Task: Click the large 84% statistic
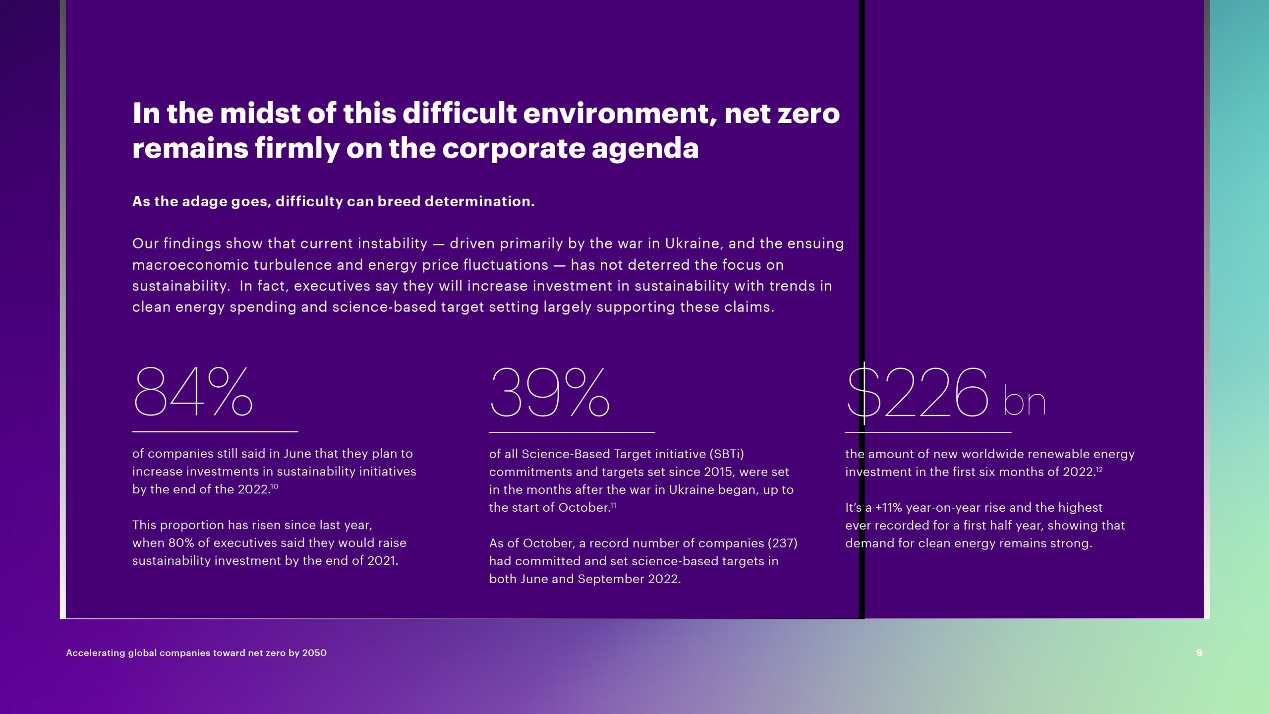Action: tap(193, 392)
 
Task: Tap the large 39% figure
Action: tap(549, 392)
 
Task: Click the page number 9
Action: tap(1199, 653)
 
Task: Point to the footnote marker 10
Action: tap(274, 486)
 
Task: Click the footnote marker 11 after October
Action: tap(613, 505)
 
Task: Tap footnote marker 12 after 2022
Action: tap(1099, 469)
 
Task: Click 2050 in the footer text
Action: tap(314, 653)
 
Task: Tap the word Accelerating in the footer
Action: tap(96, 653)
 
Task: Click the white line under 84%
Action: tap(215, 432)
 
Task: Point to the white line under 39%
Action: tap(572, 432)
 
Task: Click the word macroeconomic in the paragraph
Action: tap(190, 265)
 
